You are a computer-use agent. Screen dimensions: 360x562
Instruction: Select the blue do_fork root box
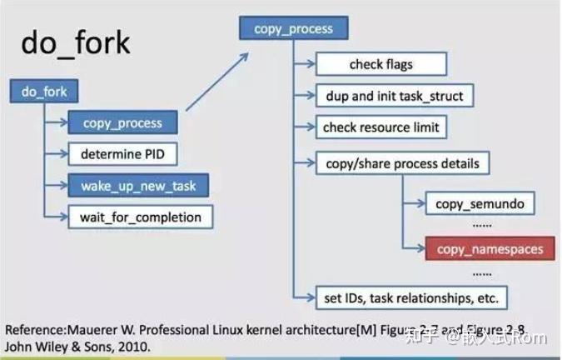point(44,91)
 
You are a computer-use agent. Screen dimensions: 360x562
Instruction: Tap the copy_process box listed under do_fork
point(122,122)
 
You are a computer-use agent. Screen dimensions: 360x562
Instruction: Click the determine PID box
point(128,154)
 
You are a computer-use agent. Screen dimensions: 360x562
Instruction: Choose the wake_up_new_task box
point(139,186)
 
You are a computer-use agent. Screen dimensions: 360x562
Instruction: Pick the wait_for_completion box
point(140,217)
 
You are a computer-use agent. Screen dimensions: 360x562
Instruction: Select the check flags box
point(380,64)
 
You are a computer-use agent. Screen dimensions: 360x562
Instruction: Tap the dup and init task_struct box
point(395,96)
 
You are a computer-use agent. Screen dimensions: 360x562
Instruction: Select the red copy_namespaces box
point(490,248)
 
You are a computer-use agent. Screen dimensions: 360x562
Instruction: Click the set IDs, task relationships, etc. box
point(411,296)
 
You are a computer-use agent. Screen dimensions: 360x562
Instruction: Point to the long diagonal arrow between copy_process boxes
point(218,81)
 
